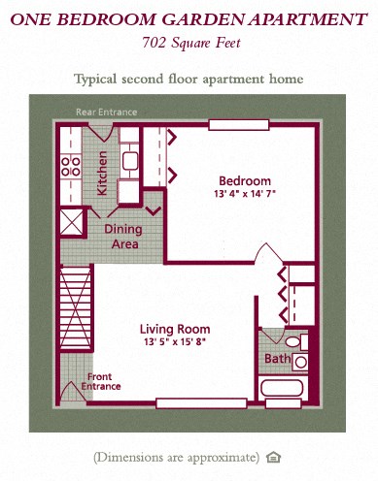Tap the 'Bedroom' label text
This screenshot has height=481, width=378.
245,181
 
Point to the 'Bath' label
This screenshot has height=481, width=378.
277,360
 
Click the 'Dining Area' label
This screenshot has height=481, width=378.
123,237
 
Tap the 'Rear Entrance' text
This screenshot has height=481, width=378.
107,112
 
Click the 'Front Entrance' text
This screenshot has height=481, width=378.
102,381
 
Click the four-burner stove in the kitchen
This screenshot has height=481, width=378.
71,165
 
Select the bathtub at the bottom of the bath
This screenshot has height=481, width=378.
287,390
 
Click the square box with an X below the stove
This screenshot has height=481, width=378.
72,220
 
